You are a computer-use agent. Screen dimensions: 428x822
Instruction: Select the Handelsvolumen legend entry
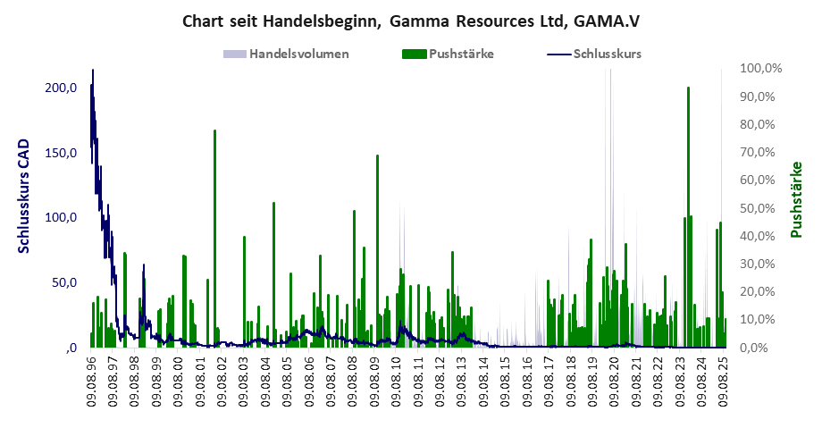(298, 54)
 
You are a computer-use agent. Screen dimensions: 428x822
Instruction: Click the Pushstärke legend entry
(460, 54)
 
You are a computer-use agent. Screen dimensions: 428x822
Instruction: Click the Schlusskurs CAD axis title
(24, 196)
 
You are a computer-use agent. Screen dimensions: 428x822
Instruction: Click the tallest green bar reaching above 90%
(688, 89)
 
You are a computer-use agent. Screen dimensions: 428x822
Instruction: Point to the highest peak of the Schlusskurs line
(93, 71)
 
